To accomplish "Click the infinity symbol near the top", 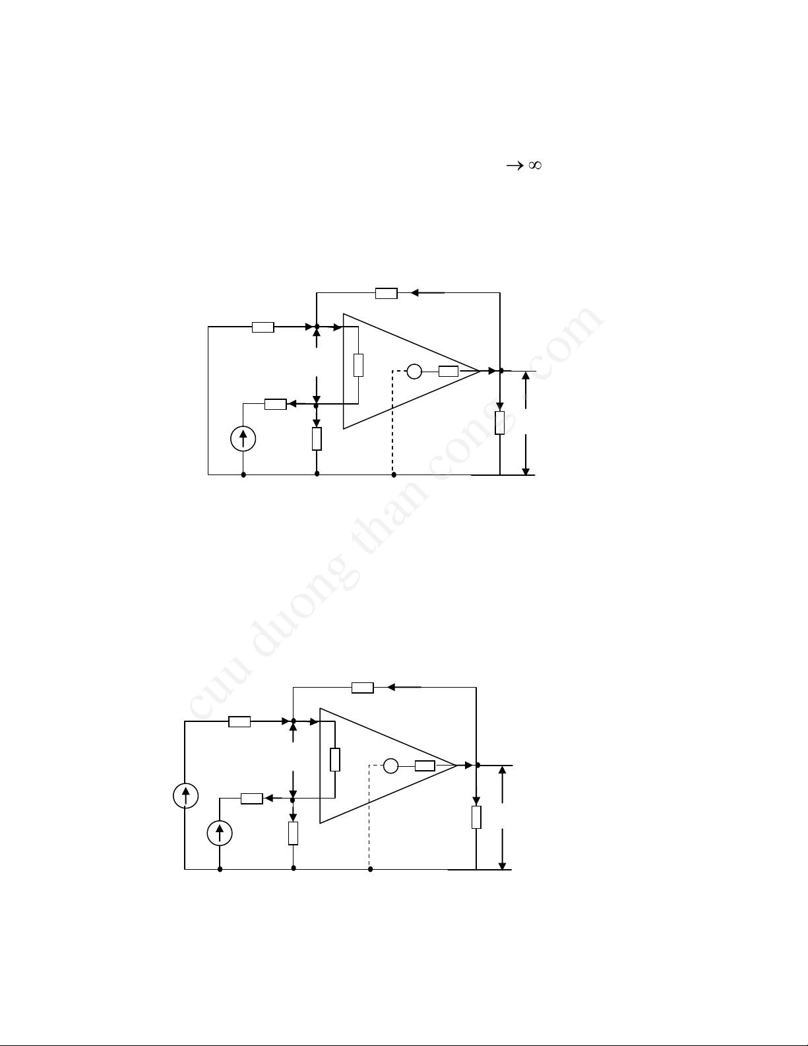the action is (535, 165).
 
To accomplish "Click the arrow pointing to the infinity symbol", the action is (514, 166).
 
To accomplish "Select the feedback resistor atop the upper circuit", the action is (387, 293).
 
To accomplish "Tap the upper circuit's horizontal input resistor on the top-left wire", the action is (263, 327).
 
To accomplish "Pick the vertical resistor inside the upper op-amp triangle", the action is (358, 365).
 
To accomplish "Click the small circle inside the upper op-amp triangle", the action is (414, 371).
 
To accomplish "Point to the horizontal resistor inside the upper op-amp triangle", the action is (449, 371).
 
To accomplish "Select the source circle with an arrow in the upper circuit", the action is (243, 438).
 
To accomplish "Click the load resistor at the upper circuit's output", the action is (500, 422).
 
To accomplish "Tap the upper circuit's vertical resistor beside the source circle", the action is (317, 438).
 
